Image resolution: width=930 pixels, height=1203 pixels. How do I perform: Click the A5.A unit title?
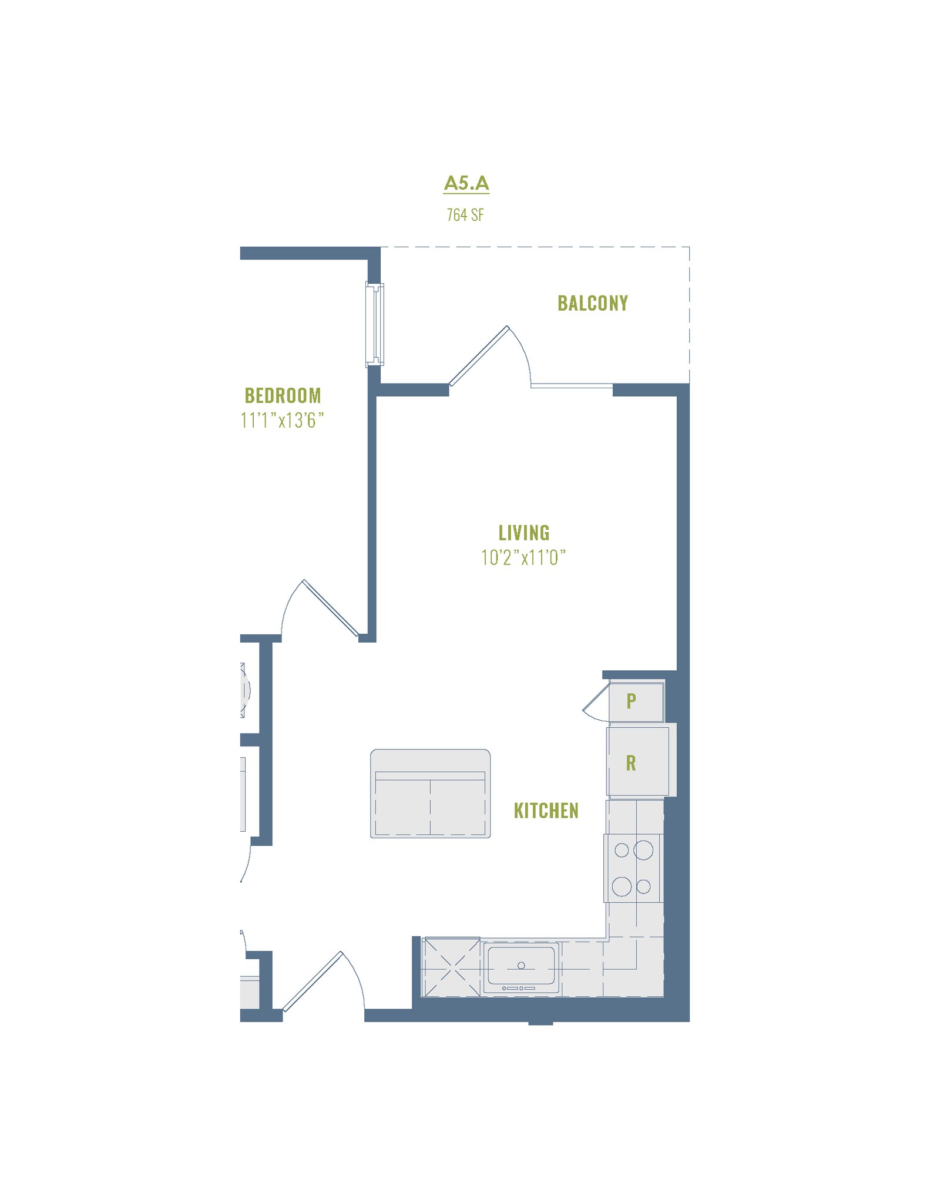[466, 183]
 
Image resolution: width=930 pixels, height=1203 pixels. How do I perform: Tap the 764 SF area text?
[465, 215]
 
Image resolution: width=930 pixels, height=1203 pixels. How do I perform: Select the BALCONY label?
[592, 303]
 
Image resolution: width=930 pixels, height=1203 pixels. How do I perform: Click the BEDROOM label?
[283, 395]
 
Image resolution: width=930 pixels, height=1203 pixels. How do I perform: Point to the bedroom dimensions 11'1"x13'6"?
[282, 421]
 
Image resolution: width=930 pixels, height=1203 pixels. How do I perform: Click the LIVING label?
[523, 533]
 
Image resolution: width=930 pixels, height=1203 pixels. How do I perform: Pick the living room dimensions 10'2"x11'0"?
[523, 557]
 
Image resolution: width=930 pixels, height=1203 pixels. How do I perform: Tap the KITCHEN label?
[546, 811]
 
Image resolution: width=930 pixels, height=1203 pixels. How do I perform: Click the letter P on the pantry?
[631, 701]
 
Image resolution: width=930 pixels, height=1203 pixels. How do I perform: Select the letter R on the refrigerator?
[631, 763]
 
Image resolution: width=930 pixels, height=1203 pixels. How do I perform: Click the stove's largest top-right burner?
[644, 850]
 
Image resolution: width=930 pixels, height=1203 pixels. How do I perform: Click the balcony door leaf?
[478, 356]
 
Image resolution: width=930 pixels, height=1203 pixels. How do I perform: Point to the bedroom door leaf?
[330, 609]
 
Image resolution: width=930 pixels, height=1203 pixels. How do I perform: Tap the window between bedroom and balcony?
[374, 324]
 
